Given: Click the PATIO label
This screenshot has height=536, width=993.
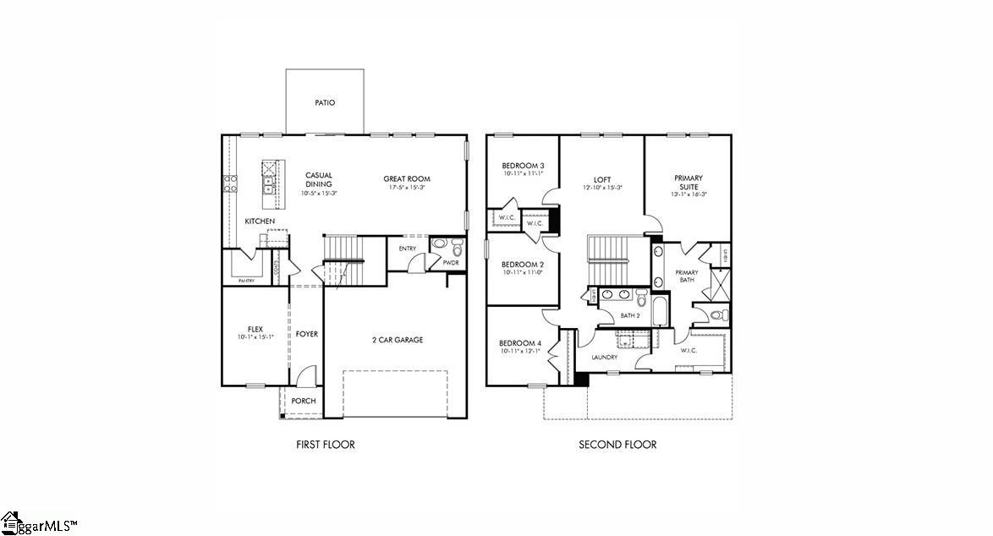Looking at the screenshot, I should pos(325,102).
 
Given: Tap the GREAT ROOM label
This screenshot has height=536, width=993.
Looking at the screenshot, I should pos(407,178).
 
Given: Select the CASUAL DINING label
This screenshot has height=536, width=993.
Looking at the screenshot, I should pos(319,180).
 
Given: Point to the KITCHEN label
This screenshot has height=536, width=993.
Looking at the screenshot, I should pos(260,221).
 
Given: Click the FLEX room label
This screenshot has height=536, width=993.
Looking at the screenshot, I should pos(255,328).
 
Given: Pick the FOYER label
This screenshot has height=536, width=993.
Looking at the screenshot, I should pos(307,334).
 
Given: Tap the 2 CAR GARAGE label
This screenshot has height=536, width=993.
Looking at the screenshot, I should pos(398,340).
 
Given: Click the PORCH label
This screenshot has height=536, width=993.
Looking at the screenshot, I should pos(304,401).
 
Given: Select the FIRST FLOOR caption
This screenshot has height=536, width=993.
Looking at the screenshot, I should pos(326,445).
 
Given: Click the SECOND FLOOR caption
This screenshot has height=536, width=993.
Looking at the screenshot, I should pos(617,445).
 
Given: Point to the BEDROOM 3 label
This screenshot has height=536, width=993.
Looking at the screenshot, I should pos(523,166).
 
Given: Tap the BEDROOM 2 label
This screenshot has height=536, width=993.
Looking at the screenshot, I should pos(522,264).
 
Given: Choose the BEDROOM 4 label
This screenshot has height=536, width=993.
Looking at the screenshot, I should pos(520,343).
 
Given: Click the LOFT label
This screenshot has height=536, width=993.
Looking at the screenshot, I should pos(602,179).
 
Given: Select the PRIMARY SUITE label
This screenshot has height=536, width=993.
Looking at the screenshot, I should pos(689,182).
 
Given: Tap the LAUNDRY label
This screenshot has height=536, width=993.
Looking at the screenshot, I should pos(605,358).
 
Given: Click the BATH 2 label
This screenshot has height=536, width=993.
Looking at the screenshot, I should pos(630,315).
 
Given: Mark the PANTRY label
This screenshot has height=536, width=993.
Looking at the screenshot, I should pos(246,280).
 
